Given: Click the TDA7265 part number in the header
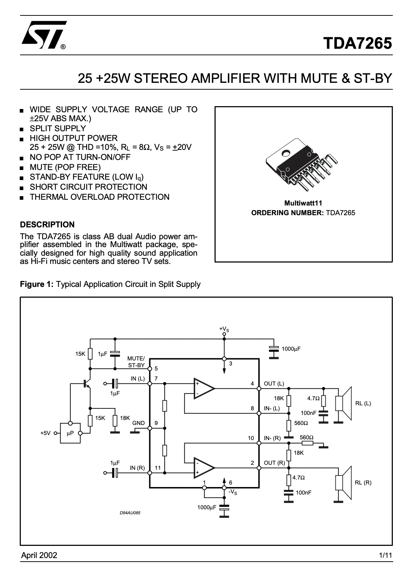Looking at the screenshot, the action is (357, 43).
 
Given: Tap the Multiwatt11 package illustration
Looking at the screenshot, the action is (302, 165).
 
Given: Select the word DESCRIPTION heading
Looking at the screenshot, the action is (47, 225).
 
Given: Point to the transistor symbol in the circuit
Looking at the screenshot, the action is (86, 383).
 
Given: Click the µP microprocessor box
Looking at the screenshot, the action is (70, 433).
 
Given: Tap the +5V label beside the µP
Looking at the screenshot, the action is (46, 433).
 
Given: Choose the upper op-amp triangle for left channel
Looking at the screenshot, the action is (204, 388).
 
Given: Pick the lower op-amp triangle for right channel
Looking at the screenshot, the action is (204, 468).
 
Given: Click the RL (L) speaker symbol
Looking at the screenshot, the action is (343, 403).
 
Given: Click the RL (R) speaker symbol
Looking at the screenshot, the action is (343, 483).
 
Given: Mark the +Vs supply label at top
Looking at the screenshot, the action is (224, 329).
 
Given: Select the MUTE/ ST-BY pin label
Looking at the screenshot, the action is (136, 362).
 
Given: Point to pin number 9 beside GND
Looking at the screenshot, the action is (156, 423).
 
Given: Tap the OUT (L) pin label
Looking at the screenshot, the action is (274, 384).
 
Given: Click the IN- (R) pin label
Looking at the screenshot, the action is (272, 438).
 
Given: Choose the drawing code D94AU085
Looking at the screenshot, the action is (130, 513).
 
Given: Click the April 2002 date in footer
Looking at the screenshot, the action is (39, 555).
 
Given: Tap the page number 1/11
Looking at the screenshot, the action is (385, 555).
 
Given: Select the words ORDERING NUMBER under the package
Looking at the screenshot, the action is (287, 213).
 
